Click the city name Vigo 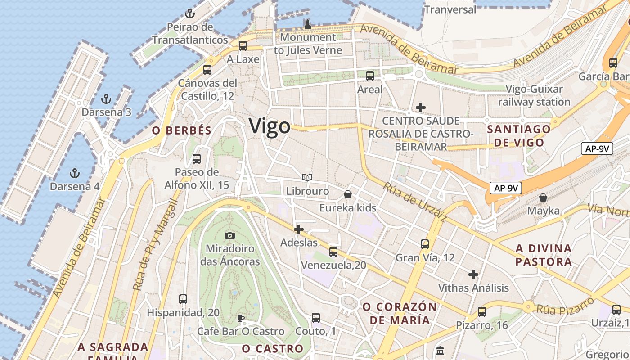tap(270, 126)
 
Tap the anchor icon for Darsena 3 tap(106, 99)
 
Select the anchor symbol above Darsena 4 tap(75, 173)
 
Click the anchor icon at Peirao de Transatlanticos tap(189, 13)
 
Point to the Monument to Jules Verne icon tap(308, 24)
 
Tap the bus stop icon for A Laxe tap(243, 45)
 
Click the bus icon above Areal tap(370, 76)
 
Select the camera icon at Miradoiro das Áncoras tap(230, 235)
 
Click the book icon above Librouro tap(307, 178)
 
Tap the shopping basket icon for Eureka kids tap(348, 194)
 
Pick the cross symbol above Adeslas tap(299, 229)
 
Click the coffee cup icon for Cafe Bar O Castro tap(241, 318)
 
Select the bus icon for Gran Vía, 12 tap(425, 244)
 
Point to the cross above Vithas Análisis tap(473, 274)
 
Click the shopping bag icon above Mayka tap(543, 197)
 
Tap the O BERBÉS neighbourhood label tap(181, 131)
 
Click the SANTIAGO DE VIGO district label tap(519, 136)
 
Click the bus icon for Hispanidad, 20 tap(183, 299)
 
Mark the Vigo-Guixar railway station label tap(534, 95)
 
